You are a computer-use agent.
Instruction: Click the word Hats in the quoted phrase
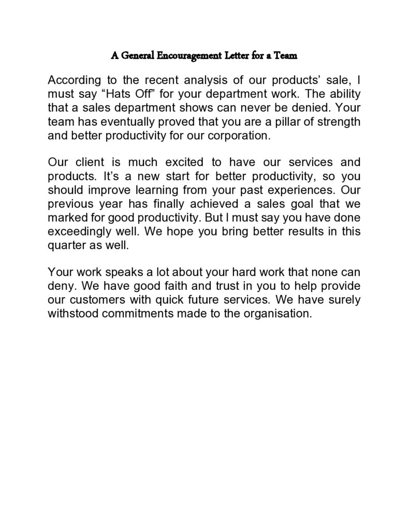click(111, 96)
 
